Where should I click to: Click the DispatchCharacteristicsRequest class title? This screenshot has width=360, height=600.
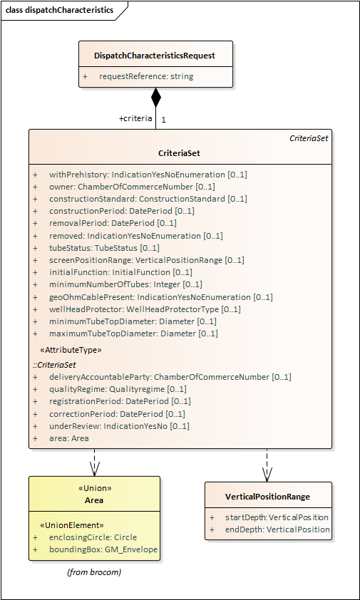155,56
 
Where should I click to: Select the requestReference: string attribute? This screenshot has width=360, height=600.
146,76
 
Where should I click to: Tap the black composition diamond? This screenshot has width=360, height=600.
156,98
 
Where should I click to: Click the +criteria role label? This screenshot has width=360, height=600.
135,118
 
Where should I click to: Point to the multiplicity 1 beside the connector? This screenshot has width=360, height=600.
163,120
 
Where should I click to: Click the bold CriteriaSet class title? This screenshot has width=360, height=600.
179,153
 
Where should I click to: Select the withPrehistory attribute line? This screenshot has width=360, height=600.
148,175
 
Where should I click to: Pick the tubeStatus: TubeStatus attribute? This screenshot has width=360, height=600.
104,248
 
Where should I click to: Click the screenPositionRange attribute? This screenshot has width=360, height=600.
147,260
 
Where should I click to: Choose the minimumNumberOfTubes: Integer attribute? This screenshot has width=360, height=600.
125,285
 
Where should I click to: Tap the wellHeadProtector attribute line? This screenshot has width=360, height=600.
145,309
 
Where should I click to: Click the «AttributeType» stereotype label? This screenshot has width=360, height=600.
71,350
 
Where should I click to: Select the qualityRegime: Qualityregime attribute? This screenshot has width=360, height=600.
118,390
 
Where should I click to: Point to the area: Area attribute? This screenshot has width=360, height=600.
69,438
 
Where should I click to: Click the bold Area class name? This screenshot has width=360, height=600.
94,500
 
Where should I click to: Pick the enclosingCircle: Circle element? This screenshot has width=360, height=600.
93,537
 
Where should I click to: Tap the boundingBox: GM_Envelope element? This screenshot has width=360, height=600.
103,549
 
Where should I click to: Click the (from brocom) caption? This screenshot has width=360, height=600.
94,572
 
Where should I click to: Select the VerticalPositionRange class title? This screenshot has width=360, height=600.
268,497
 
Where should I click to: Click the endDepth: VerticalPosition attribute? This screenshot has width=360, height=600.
277,529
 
